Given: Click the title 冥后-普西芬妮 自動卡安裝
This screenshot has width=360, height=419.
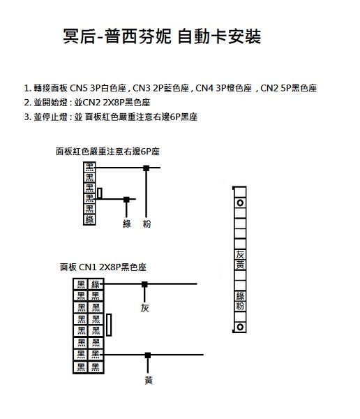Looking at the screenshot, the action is (162, 36).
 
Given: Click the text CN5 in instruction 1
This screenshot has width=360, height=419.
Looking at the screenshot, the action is (79, 88).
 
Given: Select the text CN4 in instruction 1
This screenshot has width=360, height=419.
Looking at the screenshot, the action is (204, 88).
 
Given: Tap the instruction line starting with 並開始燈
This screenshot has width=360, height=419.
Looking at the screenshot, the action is (87, 103).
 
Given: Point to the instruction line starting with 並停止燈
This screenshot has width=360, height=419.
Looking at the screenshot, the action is (111, 117).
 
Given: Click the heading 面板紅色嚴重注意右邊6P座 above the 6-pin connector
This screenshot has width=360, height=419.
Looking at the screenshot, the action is (107, 152).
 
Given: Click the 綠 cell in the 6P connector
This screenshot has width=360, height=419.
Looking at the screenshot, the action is (89, 219).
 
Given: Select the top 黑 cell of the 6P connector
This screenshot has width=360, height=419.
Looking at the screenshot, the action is (89, 168).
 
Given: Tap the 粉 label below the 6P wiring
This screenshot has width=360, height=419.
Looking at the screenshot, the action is (147, 223).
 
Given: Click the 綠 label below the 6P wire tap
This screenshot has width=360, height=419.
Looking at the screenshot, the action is (127, 223).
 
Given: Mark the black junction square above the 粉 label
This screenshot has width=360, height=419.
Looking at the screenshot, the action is (146, 168).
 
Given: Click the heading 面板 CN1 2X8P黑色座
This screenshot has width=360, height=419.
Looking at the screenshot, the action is (103, 267).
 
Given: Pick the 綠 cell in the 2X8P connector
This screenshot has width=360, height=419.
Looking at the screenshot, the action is (96, 284).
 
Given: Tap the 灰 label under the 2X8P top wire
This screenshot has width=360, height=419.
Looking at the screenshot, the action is (144, 308).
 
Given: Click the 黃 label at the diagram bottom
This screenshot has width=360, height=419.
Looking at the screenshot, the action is (149, 380).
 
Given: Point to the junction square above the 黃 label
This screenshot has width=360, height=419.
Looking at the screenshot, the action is (148, 355).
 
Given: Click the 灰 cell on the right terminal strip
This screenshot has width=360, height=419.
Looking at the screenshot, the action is (240, 255).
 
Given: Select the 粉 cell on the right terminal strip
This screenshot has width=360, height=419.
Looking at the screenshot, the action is (240, 307).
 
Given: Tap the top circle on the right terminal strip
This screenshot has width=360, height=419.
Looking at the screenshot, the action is (240, 203).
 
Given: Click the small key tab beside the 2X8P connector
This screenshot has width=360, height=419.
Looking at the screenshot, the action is (109, 325).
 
